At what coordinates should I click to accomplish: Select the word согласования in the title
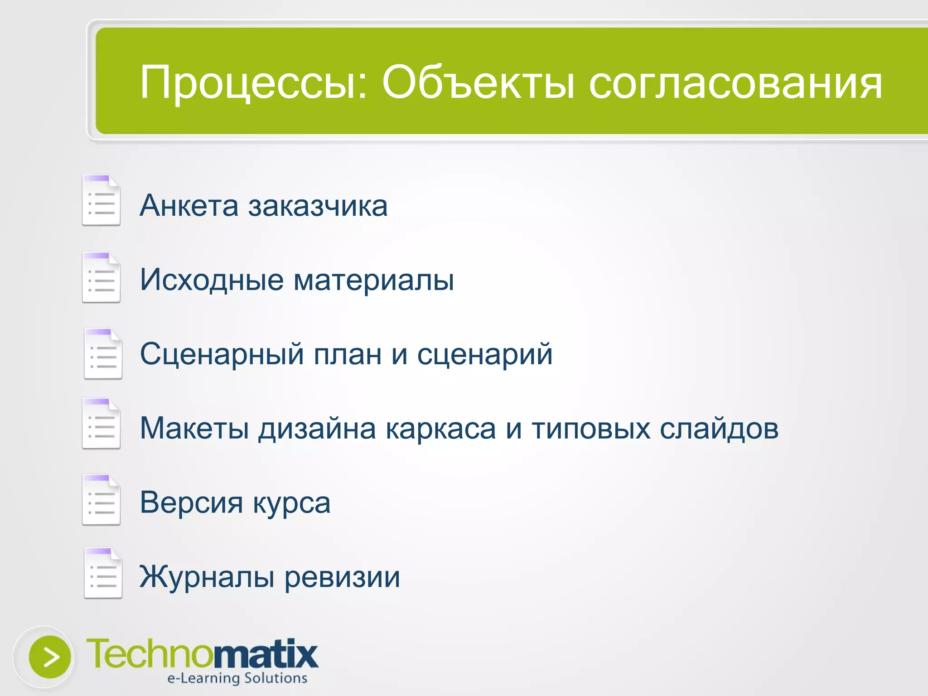735,83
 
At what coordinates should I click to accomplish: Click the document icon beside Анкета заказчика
101,200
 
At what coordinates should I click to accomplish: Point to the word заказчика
318,206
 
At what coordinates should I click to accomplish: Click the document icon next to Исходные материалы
101,277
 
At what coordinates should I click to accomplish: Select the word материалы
373,280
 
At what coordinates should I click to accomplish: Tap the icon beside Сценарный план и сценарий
103,354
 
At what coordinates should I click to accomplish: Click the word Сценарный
222,354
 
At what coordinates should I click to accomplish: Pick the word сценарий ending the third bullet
484,354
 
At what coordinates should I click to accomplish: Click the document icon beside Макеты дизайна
101,424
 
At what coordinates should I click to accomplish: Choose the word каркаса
440,428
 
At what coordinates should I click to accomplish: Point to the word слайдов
719,428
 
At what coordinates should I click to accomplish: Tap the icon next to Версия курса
101,500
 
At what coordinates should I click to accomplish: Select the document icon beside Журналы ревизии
103,574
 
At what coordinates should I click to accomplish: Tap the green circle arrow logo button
49,657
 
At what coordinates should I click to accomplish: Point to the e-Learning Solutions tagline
237,678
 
